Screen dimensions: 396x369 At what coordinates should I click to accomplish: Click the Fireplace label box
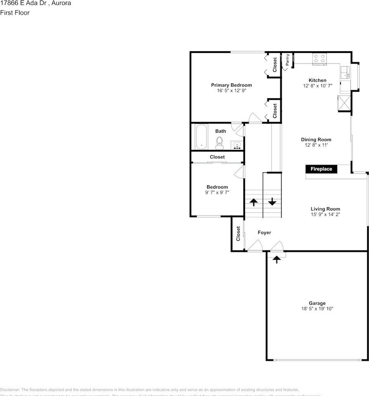321,169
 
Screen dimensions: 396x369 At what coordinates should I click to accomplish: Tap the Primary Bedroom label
231,85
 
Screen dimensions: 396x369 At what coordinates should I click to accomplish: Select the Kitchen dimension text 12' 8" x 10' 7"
317,86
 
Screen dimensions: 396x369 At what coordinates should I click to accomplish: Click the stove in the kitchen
319,59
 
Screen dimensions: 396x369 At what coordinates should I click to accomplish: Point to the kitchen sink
344,73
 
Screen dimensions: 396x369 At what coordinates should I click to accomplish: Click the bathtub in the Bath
201,137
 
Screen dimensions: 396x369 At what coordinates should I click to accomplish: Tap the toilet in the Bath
220,144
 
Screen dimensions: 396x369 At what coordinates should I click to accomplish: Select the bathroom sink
237,145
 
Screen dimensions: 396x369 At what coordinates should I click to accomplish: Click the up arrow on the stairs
253,202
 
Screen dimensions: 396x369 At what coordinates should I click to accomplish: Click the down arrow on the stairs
272,202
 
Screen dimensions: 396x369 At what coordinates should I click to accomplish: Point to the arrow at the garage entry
276,259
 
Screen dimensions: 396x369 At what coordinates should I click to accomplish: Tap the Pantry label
287,60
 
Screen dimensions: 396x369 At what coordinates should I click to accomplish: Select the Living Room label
325,209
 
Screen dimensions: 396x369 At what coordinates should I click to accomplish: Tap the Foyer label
265,233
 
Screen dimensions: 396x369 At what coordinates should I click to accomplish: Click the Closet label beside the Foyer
238,233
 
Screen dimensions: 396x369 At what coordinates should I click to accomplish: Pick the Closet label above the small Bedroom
217,157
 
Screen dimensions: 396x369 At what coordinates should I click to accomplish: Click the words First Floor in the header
15,12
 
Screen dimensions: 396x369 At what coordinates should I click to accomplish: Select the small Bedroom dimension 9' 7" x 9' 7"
217,192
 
